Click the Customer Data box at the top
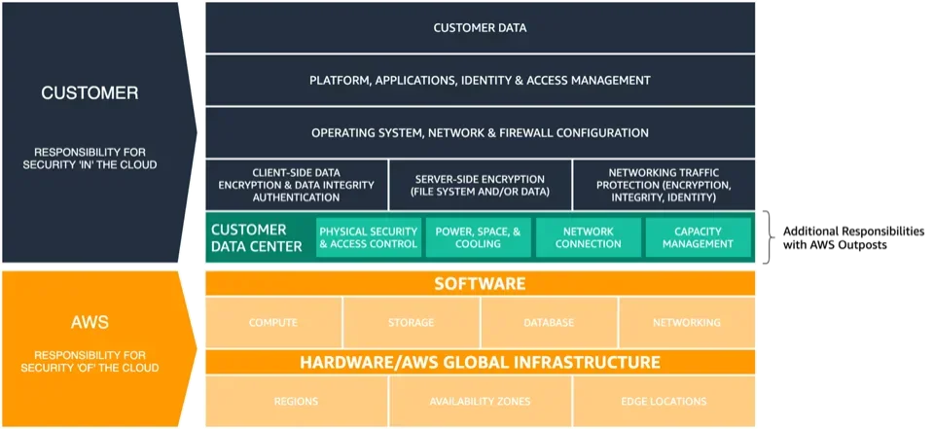pos(480,28)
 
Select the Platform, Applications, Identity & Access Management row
pos(480,81)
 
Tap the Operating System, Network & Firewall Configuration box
pos(480,133)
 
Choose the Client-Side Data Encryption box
pos(296,185)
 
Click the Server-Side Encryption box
pos(480,185)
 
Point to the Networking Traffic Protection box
pos(664,185)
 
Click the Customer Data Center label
pos(258,237)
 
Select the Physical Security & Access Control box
pos(369,237)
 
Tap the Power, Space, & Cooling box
pos(479,237)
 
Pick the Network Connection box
pos(589,237)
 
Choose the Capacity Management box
pos(699,237)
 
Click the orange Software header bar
pos(480,284)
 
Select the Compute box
pos(273,323)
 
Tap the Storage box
pos(411,323)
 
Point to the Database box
pos(549,323)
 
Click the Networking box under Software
pos(687,323)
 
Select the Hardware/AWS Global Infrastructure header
pos(480,363)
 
